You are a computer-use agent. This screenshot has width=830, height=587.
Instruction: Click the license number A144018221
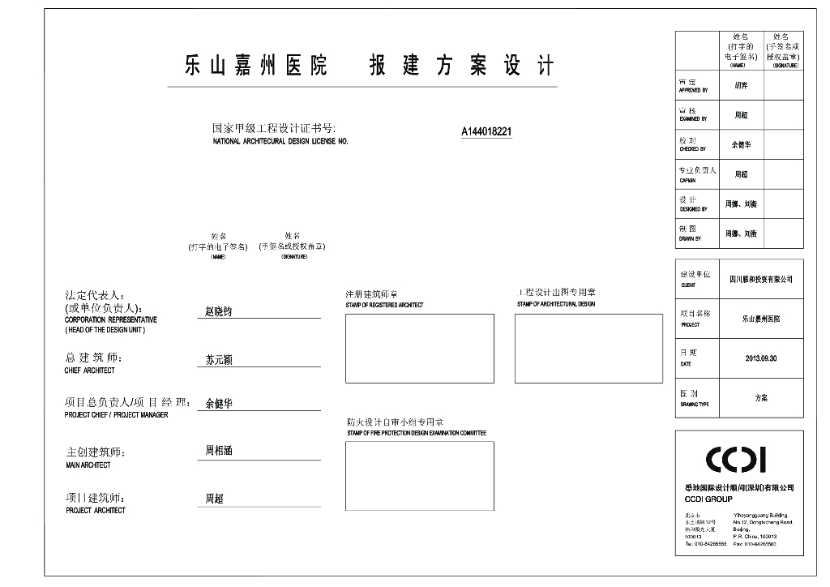click(x=486, y=132)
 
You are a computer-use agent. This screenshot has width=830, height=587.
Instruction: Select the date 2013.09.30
click(x=760, y=358)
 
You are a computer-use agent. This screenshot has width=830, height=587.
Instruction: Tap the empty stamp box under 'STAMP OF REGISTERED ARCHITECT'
click(x=419, y=348)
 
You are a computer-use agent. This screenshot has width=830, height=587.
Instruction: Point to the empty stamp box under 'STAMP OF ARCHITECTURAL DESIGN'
click(x=588, y=348)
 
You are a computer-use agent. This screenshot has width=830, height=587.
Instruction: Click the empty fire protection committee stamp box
click(x=419, y=475)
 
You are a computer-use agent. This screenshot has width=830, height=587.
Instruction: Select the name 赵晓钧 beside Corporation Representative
click(x=218, y=311)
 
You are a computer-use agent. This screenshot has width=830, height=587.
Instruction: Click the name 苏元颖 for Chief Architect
click(x=218, y=360)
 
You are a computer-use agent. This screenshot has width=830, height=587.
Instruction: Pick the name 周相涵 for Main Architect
click(x=218, y=451)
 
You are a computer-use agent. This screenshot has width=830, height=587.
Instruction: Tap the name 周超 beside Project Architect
click(x=213, y=499)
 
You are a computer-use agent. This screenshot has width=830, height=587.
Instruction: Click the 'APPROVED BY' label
click(x=693, y=91)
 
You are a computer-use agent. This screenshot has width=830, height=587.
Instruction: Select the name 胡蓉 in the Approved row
click(x=741, y=85)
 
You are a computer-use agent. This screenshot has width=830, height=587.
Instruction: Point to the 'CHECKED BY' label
click(x=692, y=149)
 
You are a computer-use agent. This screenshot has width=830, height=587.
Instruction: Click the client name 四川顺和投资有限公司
click(x=760, y=279)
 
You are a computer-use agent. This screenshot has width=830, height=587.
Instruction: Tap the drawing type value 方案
click(x=760, y=398)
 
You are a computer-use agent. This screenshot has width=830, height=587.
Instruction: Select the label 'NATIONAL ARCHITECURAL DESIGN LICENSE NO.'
click(x=280, y=141)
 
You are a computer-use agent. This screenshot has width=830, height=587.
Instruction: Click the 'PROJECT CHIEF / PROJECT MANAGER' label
click(x=117, y=415)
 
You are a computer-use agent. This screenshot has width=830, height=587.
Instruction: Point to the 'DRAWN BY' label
click(x=691, y=238)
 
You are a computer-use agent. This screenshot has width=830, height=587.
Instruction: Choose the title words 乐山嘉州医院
click(x=255, y=66)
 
